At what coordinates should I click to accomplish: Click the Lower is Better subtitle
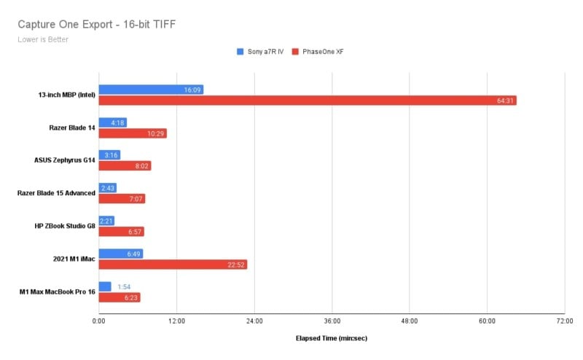[43, 39]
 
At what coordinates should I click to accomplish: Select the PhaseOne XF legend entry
[318, 52]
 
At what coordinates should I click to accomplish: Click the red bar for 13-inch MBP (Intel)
[307, 101]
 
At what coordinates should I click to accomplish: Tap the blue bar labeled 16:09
[151, 90]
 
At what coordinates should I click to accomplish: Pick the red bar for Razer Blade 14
[133, 133]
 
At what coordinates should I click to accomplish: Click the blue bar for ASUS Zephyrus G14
[109, 155]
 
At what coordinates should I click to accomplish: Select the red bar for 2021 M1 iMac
[173, 265]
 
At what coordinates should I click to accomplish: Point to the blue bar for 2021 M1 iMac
[120, 254]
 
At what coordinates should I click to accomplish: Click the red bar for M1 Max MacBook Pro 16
[119, 297]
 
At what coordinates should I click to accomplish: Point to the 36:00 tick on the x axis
[332, 320]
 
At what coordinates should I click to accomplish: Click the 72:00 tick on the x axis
[564, 320]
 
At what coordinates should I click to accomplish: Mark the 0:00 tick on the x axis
[99, 320]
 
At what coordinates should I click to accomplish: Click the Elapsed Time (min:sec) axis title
[332, 339]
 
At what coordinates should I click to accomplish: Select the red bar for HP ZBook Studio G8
[122, 232]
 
